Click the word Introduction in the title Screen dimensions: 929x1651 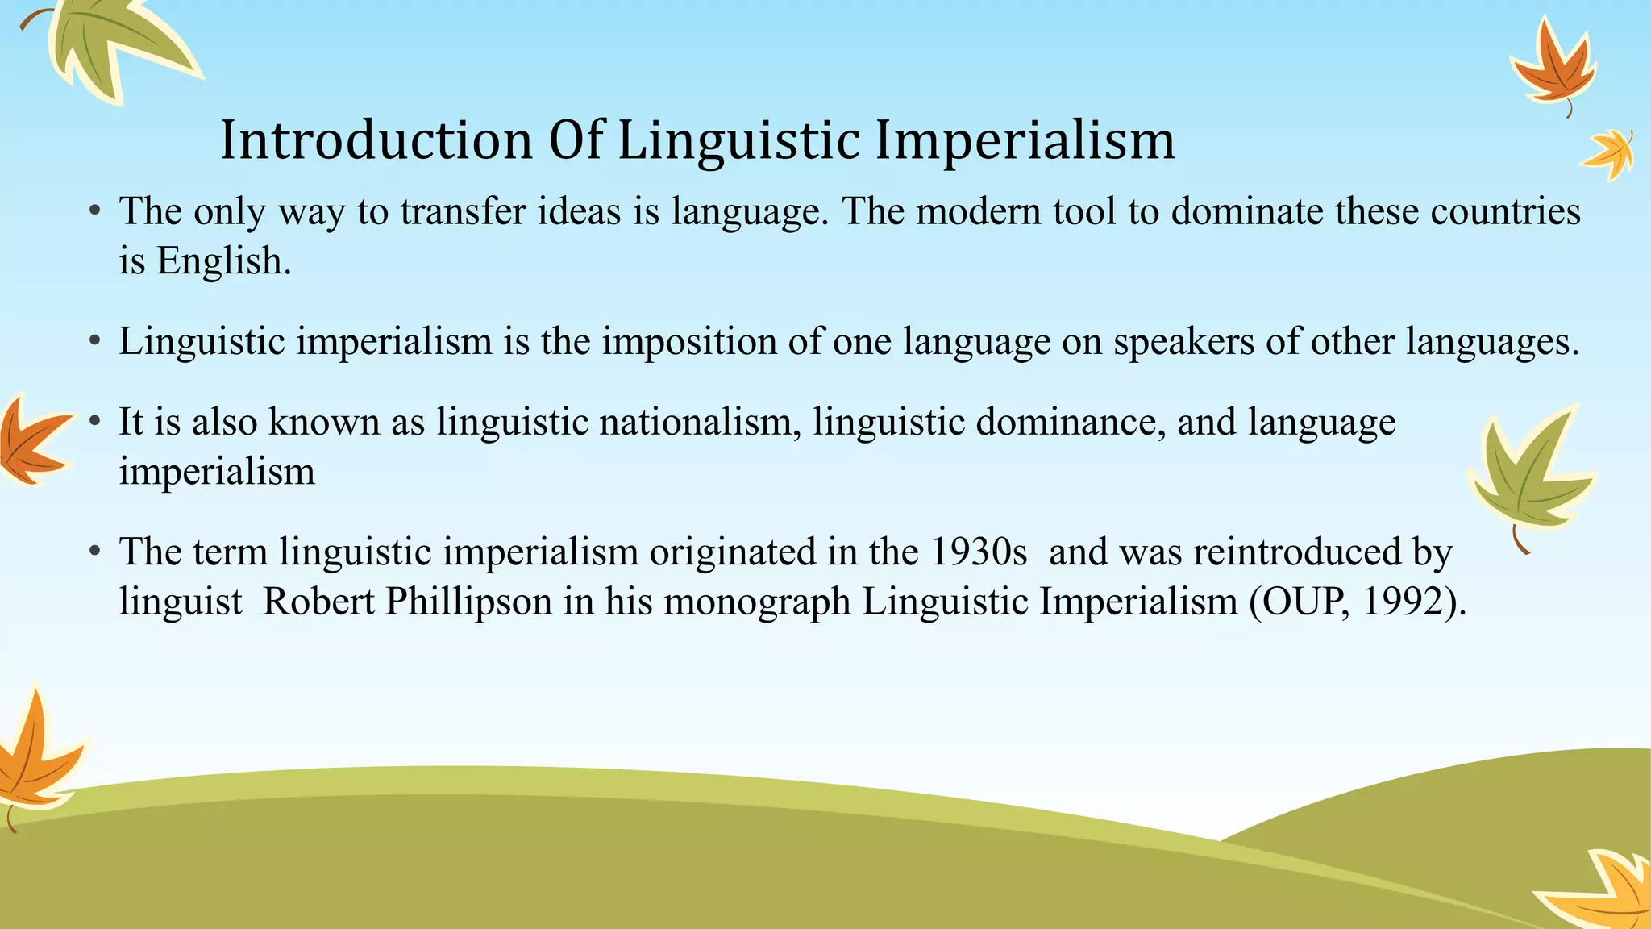pos(376,140)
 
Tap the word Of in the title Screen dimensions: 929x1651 pos(576,140)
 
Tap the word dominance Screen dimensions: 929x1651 pos(1070,422)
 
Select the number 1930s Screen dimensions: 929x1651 pos(979,552)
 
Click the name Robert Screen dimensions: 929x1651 pos(319,602)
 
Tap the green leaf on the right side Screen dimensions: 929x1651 pos(1528,472)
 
